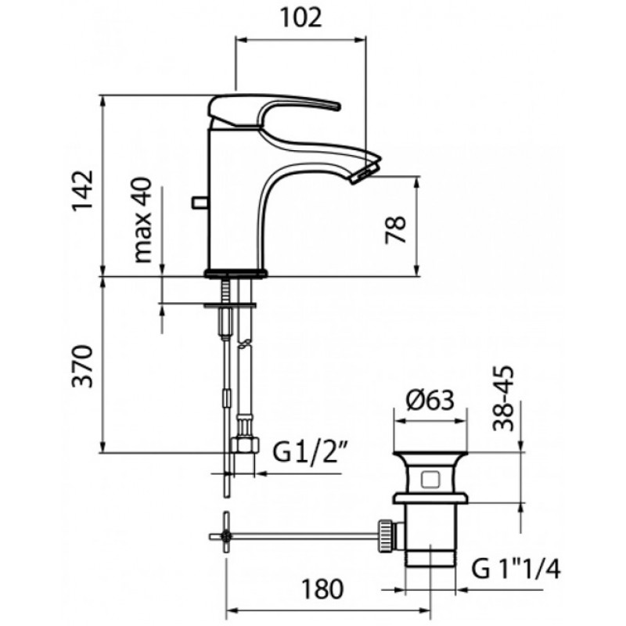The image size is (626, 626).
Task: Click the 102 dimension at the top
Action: [301, 18]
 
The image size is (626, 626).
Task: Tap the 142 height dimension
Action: [82, 189]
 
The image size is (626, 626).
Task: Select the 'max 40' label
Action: [143, 220]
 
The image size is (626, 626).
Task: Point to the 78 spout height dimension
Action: [395, 229]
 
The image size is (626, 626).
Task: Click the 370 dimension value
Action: [82, 366]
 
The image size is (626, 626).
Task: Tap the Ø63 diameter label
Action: [430, 400]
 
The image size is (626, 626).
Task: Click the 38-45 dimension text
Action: [503, 398]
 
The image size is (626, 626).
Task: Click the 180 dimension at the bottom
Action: [322, 589]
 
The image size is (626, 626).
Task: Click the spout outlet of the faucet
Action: [365, 174]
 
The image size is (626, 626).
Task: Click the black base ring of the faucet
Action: [236, 273]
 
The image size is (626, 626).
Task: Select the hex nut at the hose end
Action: [245, 444]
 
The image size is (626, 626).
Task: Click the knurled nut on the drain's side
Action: [385, 536]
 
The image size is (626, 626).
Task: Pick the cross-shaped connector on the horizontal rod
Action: [227, 536]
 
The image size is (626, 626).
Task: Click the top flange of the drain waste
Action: [430, 455]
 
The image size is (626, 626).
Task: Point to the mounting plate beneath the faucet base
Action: [229, 305]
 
